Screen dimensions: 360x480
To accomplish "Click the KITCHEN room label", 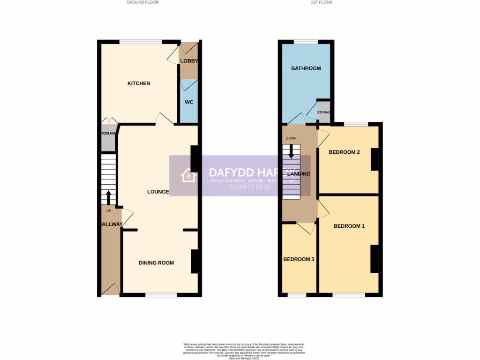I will pyautogui.click(x=139, y=83).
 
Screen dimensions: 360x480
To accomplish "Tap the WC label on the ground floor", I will pyautogui.click(x=189, y=102).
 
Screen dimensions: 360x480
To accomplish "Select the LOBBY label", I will pyautogui.click(x=189, y=61).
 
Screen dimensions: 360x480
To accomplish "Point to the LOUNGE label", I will pyautogui.click(x=158, y=191).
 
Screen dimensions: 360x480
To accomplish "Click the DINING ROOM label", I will pyautogui.click(x=156, y=262).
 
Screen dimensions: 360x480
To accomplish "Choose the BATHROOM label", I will pyautogui.click(x=306, y=68).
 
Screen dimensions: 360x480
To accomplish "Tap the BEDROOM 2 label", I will pyautogui.click(x=344, y=152).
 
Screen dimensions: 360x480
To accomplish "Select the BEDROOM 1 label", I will pyautogui.click(x=349, y=226).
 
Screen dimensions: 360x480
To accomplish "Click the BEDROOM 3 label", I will pyautogui.click(x=299, y=259).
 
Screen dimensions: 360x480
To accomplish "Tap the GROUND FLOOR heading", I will pyautogui.click(x=142, y=2).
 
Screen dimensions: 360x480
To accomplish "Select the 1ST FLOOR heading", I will pyautogui.click(x=321, y=2).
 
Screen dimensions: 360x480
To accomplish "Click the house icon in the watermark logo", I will pyautogui.click(x=189, y=175).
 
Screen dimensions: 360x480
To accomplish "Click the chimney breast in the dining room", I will pyautogui.click(x=194, y=262).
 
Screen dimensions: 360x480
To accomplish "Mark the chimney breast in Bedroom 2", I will pyautogui.click(x=375, y=159).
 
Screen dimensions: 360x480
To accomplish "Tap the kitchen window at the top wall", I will pyautogui.click(x=141, y=42).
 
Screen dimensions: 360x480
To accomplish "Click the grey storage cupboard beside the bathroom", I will pyautogui.click(x=323, y=112).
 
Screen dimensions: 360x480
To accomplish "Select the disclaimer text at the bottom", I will pyautogui.click(x=240, y=351).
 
